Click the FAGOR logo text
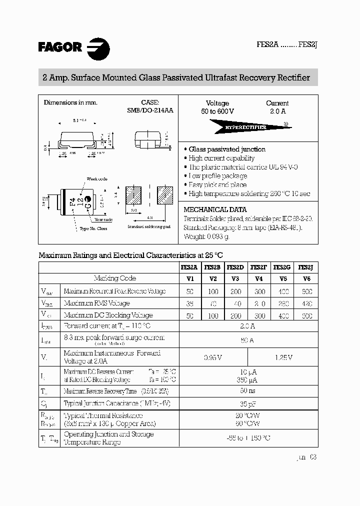[x=59, y=47]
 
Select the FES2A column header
[x=189, y=267]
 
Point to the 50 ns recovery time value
[x=247, y=390]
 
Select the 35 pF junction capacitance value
[x=247, y=403]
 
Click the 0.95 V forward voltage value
[x=213, y=357]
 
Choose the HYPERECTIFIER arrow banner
[x=247, y=127]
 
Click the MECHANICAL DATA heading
[x=215, y=210]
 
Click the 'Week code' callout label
[x=97, y=179]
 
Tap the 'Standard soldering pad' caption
[x=149, y=227]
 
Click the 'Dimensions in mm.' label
[x=70, y=102]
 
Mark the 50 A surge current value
[x=247, y=340]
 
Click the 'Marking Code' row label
[x=114, y=278]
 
